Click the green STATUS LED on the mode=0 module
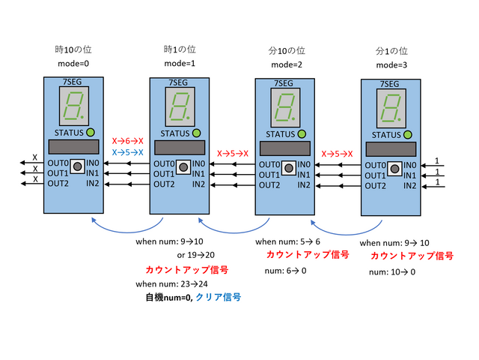pyautogui.click(x=90, y=133)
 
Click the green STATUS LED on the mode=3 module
pyautogui.click(x=407, y=135)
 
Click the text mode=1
pyautogui.click(x=180, y=64)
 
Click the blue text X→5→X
pyautogui.click(x=128, y=151)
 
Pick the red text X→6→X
pyautogui.click(x=128, y=140)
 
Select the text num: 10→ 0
pyautogui.click(x=392, y=272)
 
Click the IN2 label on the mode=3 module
pyautogui.click(x=407, y=185)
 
